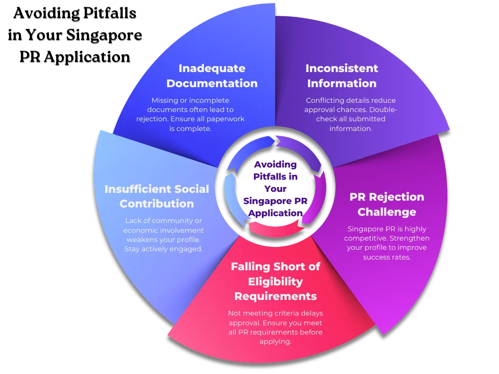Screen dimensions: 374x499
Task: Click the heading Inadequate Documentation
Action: point(212,75)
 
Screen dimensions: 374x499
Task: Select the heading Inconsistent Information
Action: point(342,75)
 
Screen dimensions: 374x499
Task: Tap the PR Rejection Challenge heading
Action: point(387,205)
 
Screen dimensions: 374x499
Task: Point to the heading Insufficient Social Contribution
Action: point(157,196)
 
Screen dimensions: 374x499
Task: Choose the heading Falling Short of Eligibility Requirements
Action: point(275,281)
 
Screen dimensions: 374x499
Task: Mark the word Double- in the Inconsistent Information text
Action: point(384,110)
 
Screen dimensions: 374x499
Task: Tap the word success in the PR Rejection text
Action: point(376,257)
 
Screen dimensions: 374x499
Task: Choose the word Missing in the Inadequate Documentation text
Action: point(165,100)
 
